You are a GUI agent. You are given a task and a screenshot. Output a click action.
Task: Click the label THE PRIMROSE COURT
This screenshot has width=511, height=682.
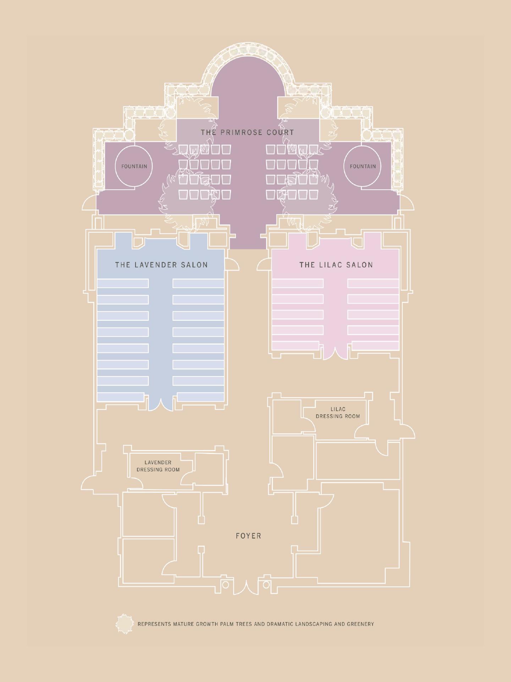point(247,132)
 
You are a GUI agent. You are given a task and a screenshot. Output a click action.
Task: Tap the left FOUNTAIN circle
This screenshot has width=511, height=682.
point(134,166)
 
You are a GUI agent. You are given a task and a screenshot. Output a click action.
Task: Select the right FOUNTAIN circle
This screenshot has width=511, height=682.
point(362,166)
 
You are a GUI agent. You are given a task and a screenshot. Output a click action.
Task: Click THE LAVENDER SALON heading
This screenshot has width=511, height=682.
point(161,265)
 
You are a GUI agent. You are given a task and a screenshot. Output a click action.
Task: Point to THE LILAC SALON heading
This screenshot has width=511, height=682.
point(336,265)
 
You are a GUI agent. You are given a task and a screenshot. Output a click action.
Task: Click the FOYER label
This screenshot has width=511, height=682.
point(248,536)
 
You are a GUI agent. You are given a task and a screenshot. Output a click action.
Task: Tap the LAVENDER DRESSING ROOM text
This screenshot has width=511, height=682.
point(158,466)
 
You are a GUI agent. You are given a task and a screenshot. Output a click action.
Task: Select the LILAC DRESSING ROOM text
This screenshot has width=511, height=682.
point(337,413)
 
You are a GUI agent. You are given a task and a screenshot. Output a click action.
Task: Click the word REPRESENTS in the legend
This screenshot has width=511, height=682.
point(154,624)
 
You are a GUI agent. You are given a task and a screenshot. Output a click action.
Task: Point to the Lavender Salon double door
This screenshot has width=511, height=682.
point(161,404)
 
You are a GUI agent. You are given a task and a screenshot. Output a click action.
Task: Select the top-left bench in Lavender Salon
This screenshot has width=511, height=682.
point(122,283)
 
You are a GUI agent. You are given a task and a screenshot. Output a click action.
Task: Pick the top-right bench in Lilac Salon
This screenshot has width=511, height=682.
point(373,283)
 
